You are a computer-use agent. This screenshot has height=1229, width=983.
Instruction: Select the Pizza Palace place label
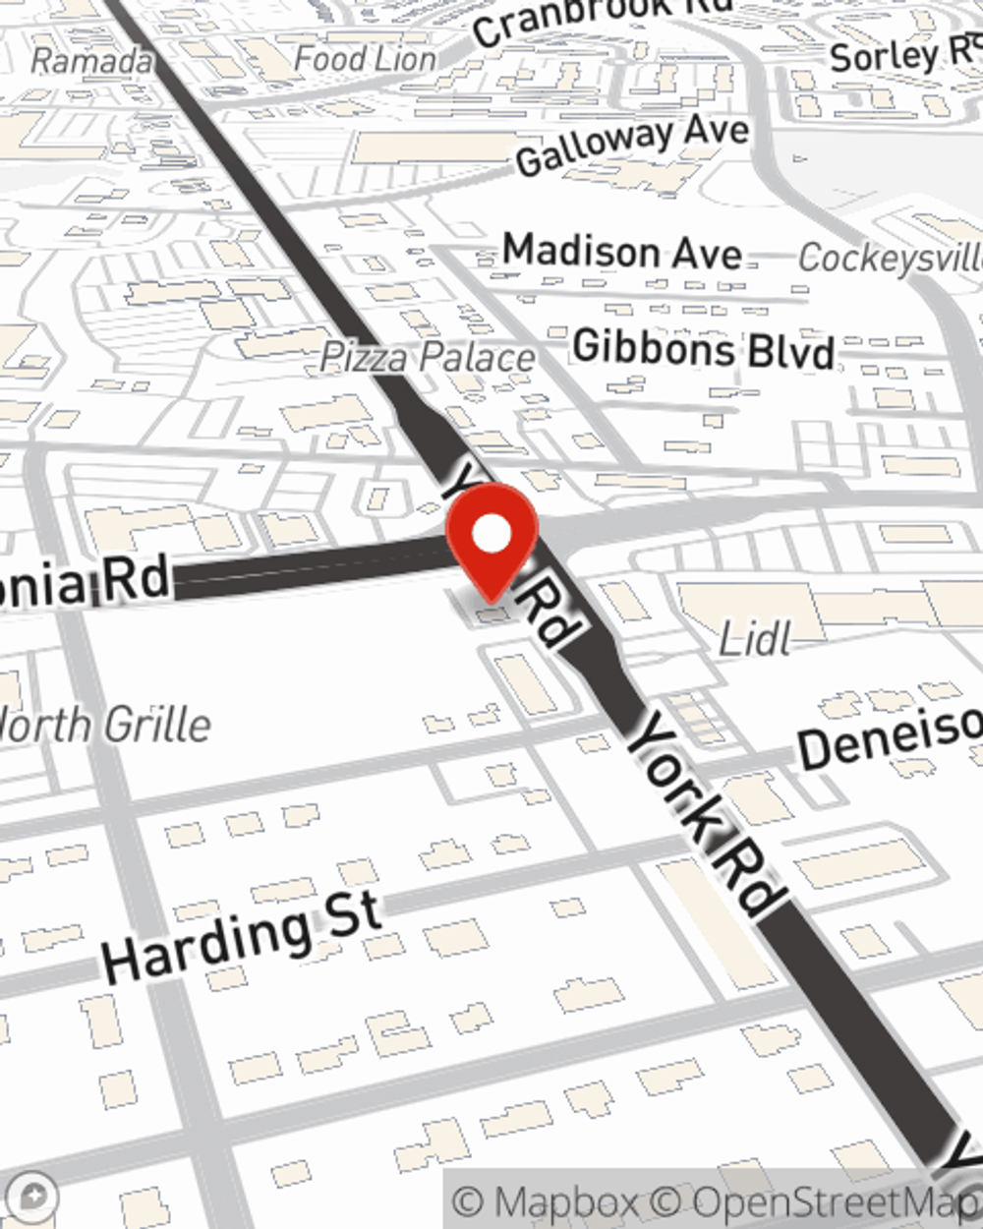(429, 358)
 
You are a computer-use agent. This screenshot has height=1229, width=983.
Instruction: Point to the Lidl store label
(754, 640)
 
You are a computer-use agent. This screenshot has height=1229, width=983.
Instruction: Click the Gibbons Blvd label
(704, 349)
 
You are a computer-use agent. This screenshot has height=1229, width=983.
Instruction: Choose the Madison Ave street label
(622, 252)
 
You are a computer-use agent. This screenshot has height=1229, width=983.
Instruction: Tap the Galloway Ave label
(632, 145)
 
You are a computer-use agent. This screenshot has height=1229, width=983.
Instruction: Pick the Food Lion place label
(365, 59)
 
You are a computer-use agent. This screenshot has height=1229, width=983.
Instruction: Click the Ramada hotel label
(91, 61)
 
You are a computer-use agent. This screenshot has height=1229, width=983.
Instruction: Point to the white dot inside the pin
(491, 535)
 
